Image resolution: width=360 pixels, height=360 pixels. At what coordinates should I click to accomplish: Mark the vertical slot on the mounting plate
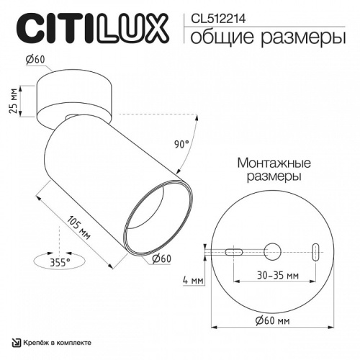tap(315, 252)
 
